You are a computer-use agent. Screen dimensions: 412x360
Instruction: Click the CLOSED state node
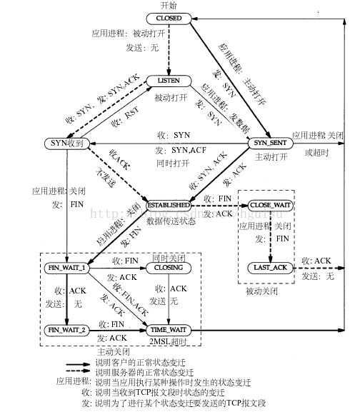(x=169, y=17)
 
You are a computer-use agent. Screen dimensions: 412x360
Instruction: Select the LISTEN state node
(x=170, y=82)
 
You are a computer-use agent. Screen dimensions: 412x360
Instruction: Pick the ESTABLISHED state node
(x=170, y=206)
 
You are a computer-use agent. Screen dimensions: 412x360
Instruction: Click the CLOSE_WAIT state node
(x=271, y=206)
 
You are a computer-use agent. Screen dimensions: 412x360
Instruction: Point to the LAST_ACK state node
(x=271, y=267)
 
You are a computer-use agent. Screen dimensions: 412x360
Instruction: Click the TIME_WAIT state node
(x=170, y=330)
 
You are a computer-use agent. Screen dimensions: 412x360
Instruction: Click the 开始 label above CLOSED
(x=169, y=6)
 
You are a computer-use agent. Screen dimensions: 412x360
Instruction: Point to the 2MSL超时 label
(x=170, y=341)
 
